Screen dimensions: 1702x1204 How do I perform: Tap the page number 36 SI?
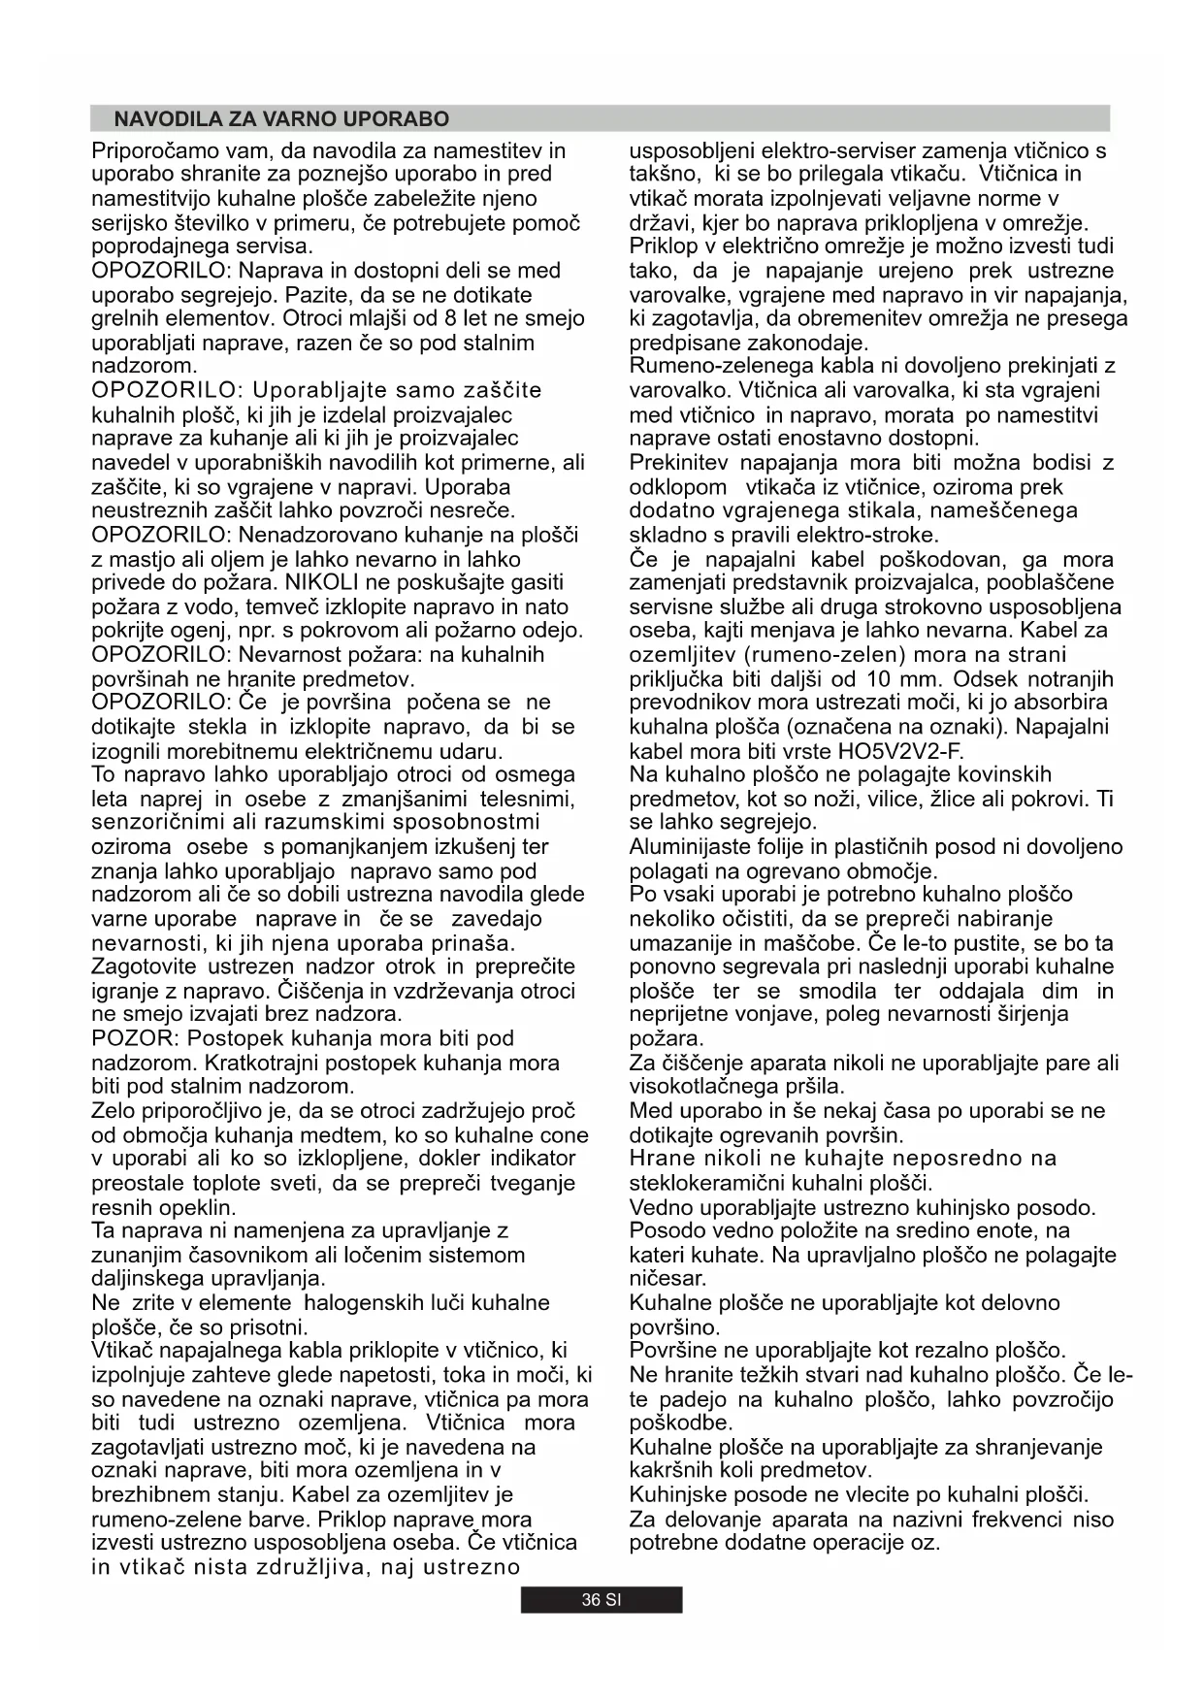pos(601,1600)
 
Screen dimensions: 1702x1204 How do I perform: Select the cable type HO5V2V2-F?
pos(901,751)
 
